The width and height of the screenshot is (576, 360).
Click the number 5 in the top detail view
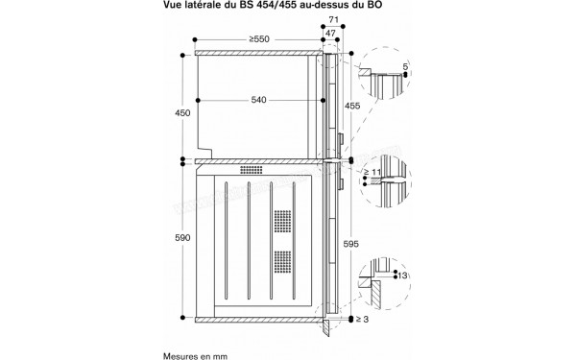pyautogui.click(x=405, y=68)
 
